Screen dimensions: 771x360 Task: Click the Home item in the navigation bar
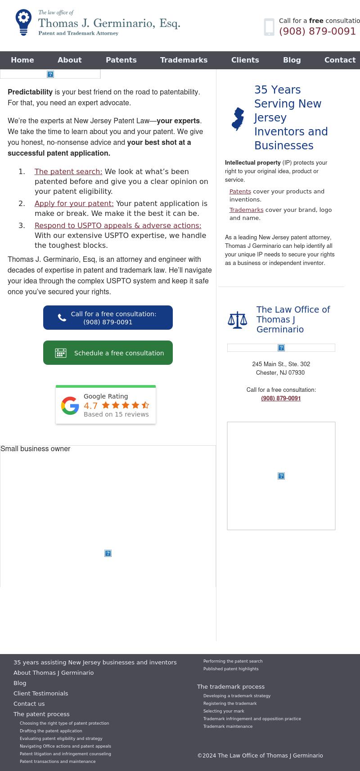click(22, 60)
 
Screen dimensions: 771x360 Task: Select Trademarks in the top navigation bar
click(184, 60)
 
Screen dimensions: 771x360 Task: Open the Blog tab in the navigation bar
click(292, 60)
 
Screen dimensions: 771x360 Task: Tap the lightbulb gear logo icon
click(23, 22)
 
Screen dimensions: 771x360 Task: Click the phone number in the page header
click(317, 31)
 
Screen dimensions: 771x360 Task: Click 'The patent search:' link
click(68, 171)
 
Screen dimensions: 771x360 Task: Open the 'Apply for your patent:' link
click(74, 203)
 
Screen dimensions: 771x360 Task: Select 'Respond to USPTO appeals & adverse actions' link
click(118, 225)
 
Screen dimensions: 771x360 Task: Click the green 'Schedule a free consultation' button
click(108, 353)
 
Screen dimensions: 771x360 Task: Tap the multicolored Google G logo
click(70, 405)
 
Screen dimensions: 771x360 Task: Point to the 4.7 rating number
click(90, 405)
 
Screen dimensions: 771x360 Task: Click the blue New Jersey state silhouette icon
click(238, 119)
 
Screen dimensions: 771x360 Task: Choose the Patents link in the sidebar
click(240, 191)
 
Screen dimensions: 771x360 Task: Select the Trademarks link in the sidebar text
click(246, 210)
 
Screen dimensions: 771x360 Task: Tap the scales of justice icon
click(238, 320)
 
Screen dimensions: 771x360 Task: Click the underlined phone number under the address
click(281, 398)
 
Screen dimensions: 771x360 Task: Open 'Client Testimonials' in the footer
click(40, 693)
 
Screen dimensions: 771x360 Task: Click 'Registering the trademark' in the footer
click(230, 704)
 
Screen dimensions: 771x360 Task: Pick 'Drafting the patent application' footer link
click(51, 731)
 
